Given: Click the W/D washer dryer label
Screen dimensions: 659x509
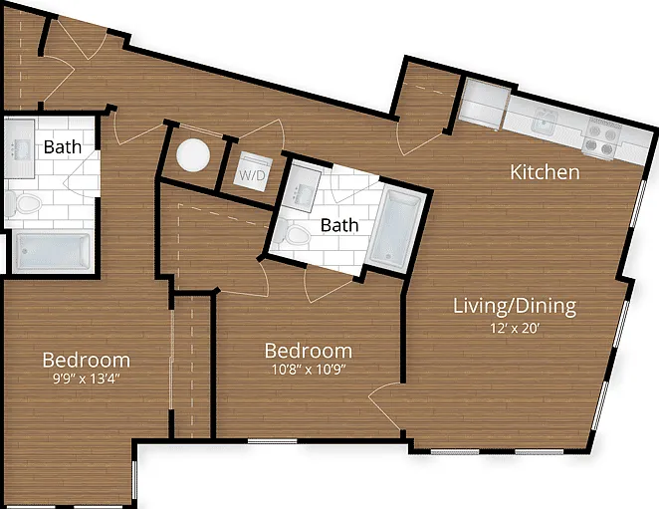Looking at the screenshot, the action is [252, 175].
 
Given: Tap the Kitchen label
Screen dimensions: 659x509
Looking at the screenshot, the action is [545, 172].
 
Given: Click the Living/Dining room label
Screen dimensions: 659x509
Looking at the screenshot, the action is [515, 306].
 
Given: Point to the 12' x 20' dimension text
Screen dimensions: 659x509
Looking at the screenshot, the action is [515, 328].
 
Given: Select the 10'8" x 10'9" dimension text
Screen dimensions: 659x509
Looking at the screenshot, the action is [309, 370].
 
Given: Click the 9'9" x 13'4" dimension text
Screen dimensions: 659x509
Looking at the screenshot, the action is [87, 380].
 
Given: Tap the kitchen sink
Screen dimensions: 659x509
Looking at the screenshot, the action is [545, 121].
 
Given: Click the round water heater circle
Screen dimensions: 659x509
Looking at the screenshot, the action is [193, 155].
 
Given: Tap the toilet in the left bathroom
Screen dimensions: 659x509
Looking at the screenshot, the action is [24, 203].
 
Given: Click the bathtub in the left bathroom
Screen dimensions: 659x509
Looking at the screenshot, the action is [53, 251].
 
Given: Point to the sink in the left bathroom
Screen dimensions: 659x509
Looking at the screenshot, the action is [19, 148].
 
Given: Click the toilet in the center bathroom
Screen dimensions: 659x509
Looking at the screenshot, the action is [293, 234].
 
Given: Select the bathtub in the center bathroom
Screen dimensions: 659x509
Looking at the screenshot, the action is [394, 229].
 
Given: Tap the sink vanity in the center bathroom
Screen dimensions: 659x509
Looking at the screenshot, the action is [301, 189].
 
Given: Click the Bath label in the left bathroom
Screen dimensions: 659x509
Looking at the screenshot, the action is [62, 147].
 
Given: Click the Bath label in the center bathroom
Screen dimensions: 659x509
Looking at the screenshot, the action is [339, 225].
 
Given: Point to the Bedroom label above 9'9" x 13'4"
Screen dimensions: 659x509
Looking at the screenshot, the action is [87, 361].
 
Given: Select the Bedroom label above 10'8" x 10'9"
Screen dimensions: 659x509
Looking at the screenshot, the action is [309, 352].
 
